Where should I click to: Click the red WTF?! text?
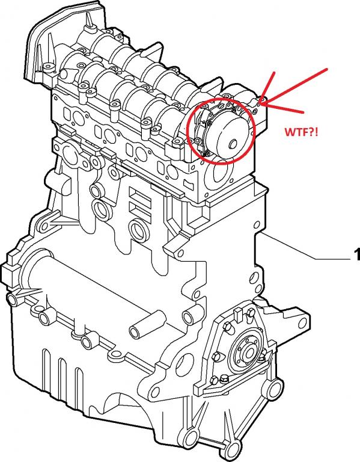(302, 132)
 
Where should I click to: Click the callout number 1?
(356, 254)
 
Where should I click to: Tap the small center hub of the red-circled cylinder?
(233, 144)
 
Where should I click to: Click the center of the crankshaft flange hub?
(249, 351)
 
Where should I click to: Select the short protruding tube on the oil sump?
(147, 324)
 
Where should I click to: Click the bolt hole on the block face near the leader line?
(257, 224)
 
